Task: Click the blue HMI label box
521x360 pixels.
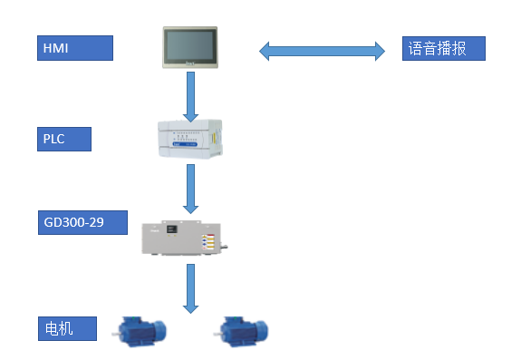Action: click(75, 47)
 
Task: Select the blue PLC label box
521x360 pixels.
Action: click(65, 139)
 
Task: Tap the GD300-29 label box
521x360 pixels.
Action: click(84, 222)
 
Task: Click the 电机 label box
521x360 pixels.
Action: click(67, 327)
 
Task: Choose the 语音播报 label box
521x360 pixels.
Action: click(443, 48)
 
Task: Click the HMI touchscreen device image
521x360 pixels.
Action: click(191, 47)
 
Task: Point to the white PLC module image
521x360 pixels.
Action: click(190, 139)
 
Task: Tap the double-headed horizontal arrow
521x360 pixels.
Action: click(323, 51)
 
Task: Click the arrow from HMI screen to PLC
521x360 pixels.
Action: click(190, 95)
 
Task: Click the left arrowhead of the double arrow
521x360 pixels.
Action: click(266, 51)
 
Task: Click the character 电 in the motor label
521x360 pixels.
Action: click(53, 327)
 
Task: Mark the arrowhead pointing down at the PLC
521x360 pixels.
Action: click(190, 114)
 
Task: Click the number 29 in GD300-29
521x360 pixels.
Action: click(111, 222)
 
